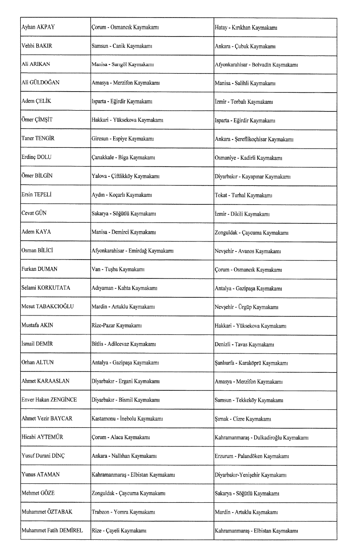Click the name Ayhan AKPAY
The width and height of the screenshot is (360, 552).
pos(38,28)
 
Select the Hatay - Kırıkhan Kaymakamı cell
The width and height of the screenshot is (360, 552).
pos(245,28)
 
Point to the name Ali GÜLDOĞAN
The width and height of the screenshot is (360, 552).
pos(41,83)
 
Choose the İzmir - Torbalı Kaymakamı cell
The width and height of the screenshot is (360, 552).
pos(243,102)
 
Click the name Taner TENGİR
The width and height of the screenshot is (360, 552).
pos(38,139)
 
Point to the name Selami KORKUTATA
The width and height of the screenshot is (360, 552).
pos(46,288)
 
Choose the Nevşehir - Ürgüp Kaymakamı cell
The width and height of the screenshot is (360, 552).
pos(246,307)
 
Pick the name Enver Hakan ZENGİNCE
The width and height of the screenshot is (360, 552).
pos(49,400)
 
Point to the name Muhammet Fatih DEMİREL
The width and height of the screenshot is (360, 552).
pos(52,531)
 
